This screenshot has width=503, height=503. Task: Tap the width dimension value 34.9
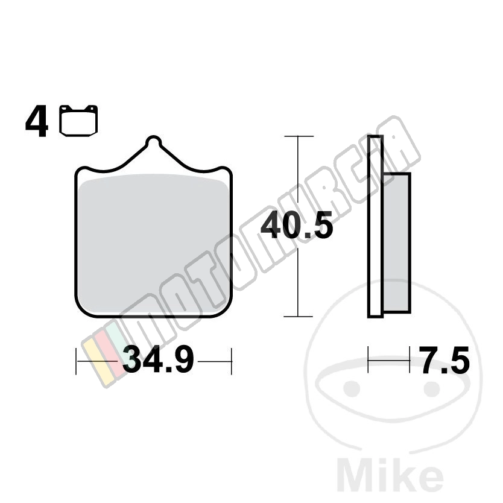158,360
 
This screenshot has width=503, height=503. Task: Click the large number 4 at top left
37,121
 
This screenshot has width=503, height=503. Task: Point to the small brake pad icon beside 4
78,120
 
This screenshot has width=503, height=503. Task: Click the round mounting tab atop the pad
153,141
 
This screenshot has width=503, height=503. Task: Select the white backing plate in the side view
375,227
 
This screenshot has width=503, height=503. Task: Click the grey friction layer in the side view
397,242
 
